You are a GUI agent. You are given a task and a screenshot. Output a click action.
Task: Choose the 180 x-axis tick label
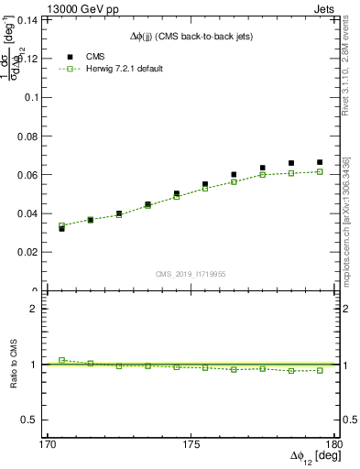click(334, 446)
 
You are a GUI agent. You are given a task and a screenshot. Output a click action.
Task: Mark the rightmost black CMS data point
click(320, 162)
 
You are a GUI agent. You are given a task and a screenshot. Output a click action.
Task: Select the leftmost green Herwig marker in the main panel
click(61, 225)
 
